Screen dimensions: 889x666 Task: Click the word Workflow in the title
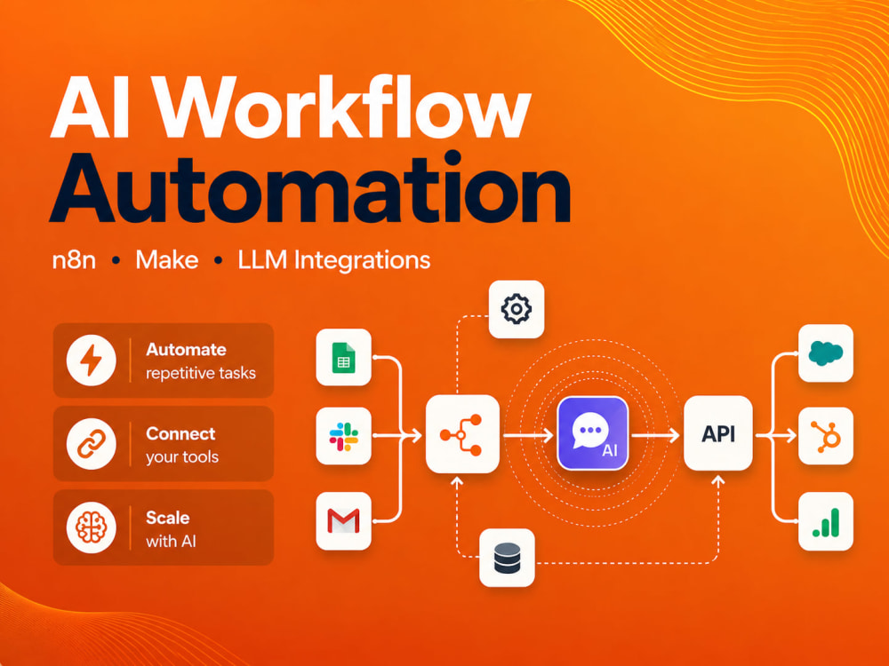[343, 107]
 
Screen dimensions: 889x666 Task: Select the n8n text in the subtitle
[74, 260]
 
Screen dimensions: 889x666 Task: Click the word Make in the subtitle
[167, 260]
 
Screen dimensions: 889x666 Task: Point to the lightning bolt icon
[92, 361]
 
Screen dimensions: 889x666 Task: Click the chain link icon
[92, 444]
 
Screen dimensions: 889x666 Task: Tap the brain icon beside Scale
[92, 527]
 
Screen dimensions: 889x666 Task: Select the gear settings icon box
[517, 309]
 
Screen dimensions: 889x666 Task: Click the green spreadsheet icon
[343, 357]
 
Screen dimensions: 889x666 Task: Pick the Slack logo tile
[343, 436]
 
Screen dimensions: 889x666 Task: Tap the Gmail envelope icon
[343, 521]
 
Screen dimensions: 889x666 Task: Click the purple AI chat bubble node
[592, 434]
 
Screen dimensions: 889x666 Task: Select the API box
[718, 434]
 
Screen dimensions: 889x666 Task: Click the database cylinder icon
[507, 558]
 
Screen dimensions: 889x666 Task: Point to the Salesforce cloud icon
[826, 353]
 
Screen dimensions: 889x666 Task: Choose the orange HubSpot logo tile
[826, 436]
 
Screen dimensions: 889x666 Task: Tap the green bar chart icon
[826, 521]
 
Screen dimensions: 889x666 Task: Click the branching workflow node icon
[462, 434]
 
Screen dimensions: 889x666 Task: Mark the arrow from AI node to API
[655, 435]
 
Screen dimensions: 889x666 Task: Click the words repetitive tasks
[201, 373]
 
